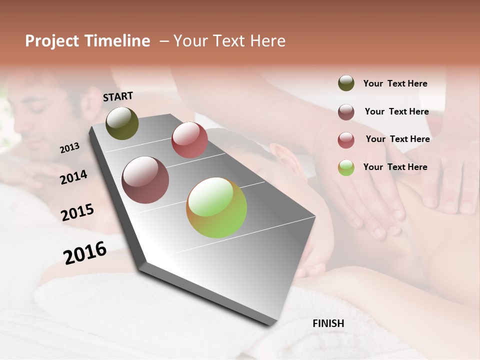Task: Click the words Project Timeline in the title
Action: point(87,41)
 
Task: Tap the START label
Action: point(118,96)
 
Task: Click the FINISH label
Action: point(328,323)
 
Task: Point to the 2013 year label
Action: point(70,147)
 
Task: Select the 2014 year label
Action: point(73,177)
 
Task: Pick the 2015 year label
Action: point(77,212)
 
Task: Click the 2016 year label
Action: point(85,252)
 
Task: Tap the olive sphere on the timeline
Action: point(122,123)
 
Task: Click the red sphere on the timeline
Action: point(189,140)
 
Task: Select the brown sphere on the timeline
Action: point(145,180)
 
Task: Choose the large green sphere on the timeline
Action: point(216,207)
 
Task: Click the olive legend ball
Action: point(346,83)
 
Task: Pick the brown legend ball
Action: point(346,111)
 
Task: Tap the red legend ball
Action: point(346,139)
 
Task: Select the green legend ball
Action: point(346,167)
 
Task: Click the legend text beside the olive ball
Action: point(395,84)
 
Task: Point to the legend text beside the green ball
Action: point(395,167)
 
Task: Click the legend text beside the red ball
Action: point(397,139)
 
